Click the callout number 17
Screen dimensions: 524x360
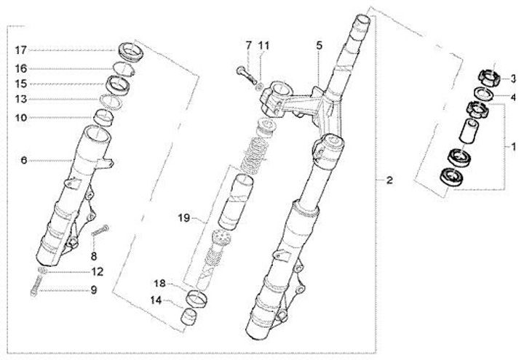point(20,50)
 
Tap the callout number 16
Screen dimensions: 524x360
point(20,68)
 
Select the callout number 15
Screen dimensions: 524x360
point(20,84)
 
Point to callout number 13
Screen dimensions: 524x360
point(20,99)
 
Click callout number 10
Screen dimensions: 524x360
point(20,117)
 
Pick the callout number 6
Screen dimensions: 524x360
point(23,160)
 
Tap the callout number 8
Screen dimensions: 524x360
point(93,256)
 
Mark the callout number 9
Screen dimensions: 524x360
point(93,290)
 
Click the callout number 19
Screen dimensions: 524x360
point(183,217)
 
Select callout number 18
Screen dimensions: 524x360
point(159,283)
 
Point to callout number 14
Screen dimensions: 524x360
point(159,300)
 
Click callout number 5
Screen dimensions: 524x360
point(319,45)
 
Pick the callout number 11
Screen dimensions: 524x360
point(263,45)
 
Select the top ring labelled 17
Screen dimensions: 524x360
point(130,52)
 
